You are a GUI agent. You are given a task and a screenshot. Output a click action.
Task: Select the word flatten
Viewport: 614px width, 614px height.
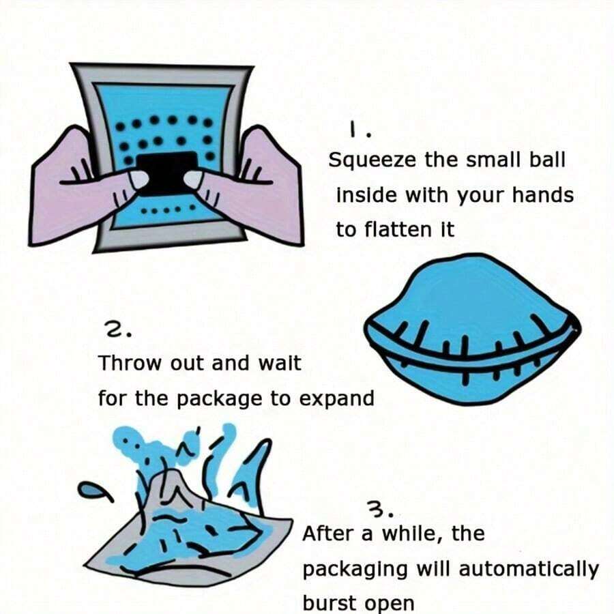click(398, 229)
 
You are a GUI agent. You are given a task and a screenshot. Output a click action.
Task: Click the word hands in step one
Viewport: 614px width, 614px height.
click(544, 195)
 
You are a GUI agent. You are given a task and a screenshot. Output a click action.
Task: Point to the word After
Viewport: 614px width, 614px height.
click(330, 533)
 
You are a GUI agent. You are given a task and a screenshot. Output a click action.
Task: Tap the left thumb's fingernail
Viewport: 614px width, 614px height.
click(138, 179)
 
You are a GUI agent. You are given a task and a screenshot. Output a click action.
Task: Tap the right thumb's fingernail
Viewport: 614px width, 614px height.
click(193, 179)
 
